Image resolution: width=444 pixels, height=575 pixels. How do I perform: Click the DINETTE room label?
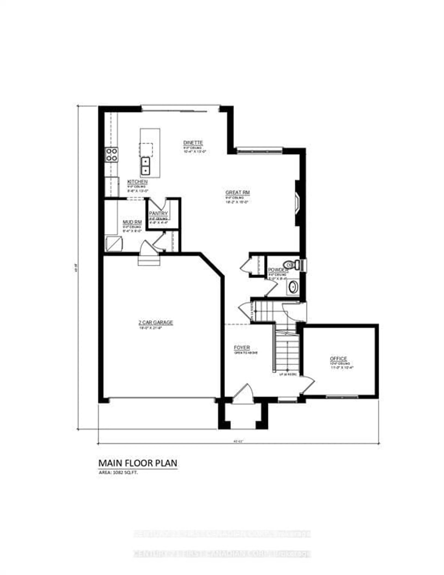pos(193,143)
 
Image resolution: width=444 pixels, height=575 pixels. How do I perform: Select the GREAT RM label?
pos(237,192)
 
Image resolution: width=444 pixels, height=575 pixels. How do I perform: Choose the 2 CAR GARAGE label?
pos(156,322)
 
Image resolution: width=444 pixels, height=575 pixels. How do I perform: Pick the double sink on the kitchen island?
pos(145,166)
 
